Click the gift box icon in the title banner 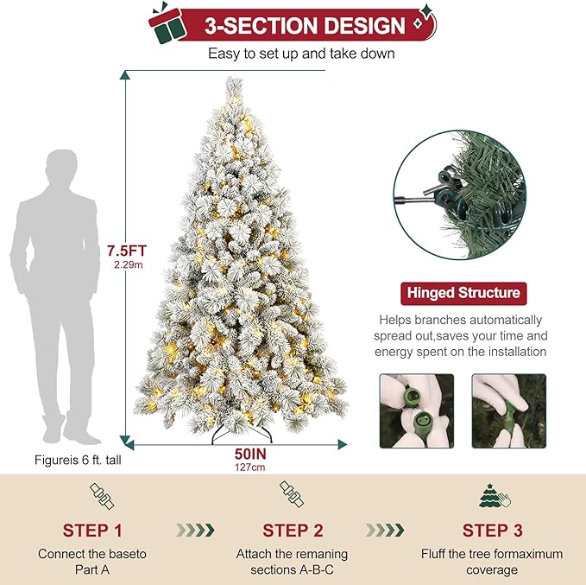tap(167, 23)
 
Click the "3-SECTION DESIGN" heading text tap(305, 25)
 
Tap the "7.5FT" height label tap(127, 251)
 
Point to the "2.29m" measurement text tap(129, 264)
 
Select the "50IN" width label tap(250, 454)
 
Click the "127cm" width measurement tap(250, 467)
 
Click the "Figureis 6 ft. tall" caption tap(78, 460)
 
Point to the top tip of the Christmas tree tap(235, 78)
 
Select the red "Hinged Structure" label tap(463, 293)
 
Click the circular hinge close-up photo tap(460, 194)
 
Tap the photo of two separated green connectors tap(417, 410)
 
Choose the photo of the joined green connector tap(508, 410)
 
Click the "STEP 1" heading tap(92, 531)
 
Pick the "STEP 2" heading tap(293, 531)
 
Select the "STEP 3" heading tap(492, 531)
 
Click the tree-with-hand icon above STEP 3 tap(495, 496)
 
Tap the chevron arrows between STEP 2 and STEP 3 tap(385, 530)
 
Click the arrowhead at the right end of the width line tap(343, 445)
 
